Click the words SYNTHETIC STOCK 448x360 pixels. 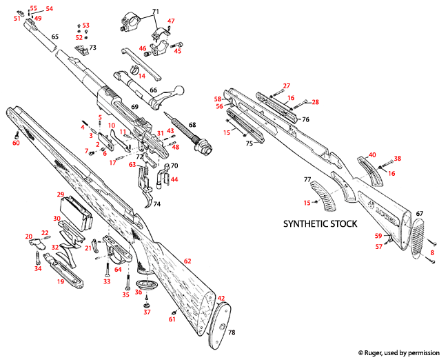tap(320, 224)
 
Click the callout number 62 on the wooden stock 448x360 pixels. tap(187, 260)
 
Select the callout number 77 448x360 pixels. tap(307, 179)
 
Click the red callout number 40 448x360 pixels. tap(372, 154)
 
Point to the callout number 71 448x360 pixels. tap(155, 12)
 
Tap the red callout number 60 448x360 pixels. tap(16, 143)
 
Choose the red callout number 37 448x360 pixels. tap(146, 312)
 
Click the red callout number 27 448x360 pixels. tap(286, 86)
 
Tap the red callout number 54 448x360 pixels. tap(48, 9)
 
